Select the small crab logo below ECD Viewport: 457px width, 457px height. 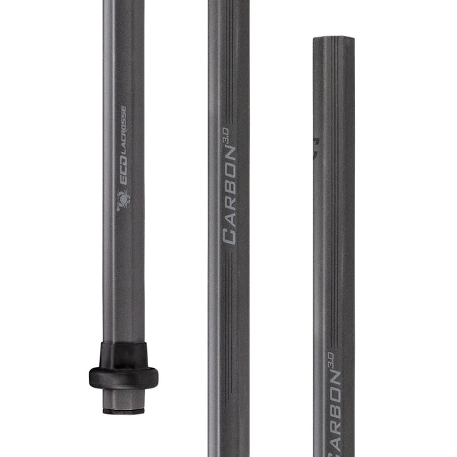[x=122, y=200]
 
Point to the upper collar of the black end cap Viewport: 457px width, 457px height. [x=123, y=353]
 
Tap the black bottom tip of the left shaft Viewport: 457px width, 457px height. [x=123, y=412]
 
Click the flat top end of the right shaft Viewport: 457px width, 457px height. [x=333, y=39]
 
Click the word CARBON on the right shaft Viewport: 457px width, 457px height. [x=338, y=418]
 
